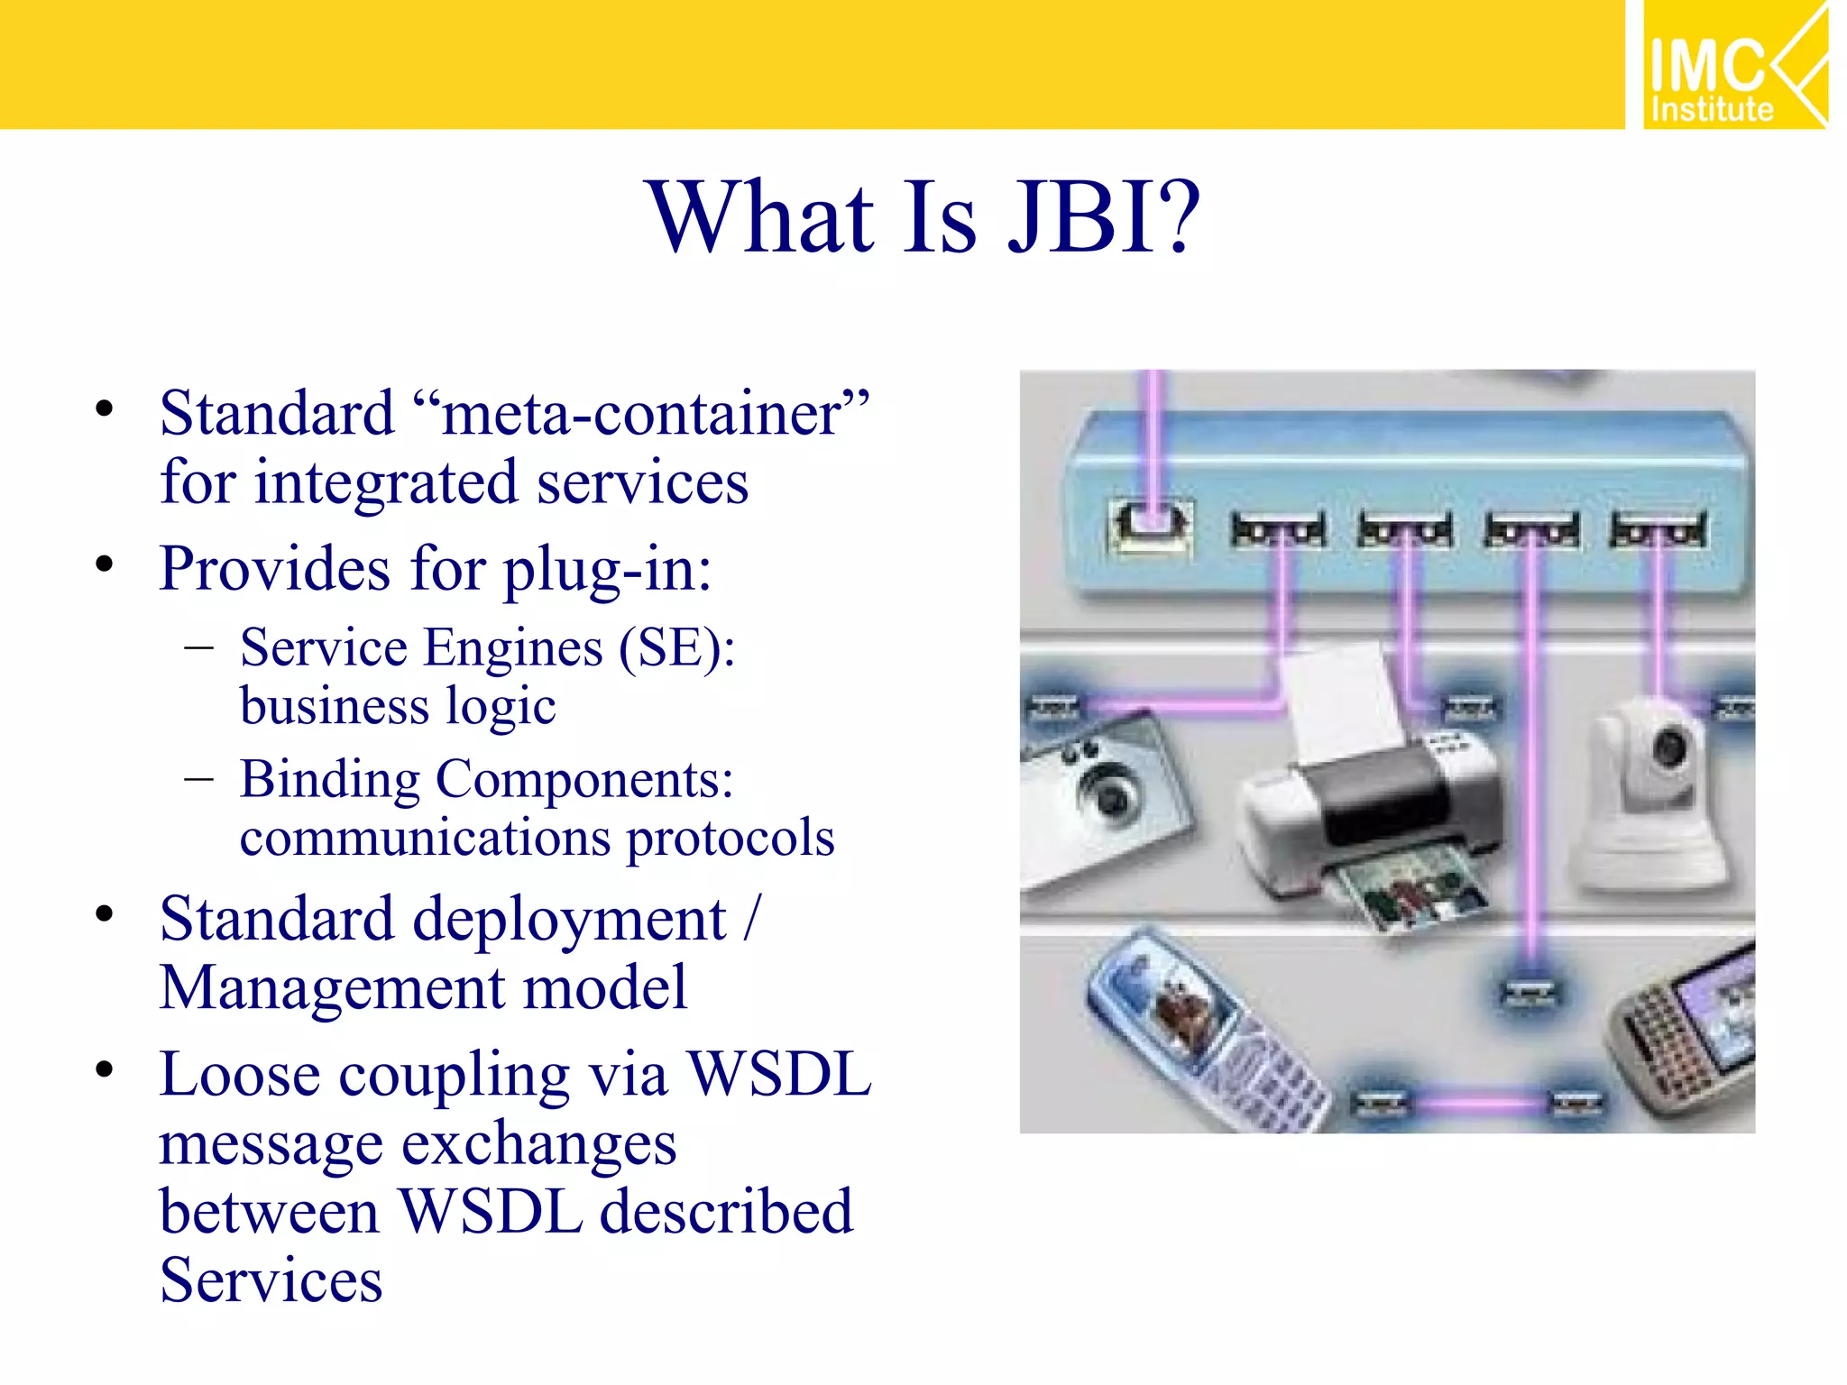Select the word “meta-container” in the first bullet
(x=642, y=413)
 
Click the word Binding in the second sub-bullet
(x=330, y=779)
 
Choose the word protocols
(x=731, y=839)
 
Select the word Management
(x=332, y=988)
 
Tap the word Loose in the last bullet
(x=240, y=1075)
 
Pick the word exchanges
(x=538, y=1145)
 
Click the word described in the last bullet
(x=726, y=1212)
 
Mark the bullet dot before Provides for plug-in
(x=105, y=564)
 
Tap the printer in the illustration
(x=1371, y=803)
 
